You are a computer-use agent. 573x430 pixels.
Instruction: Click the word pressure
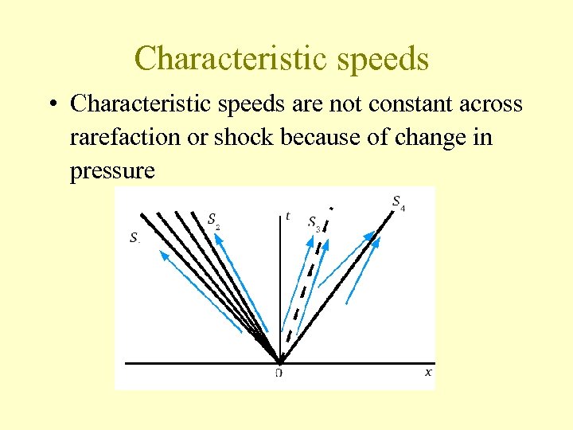pyautogui.click(x=112, y=170)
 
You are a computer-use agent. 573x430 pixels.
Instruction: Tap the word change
pyautogui.click(x=439, y=137)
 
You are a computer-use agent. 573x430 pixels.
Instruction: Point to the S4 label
pyautogui.click(x=398, y=202)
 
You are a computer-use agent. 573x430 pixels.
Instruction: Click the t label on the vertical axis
pyautogui.click(x=287, y=216)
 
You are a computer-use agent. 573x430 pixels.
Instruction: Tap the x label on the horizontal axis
pyautogui.click(x=428, y=371)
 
